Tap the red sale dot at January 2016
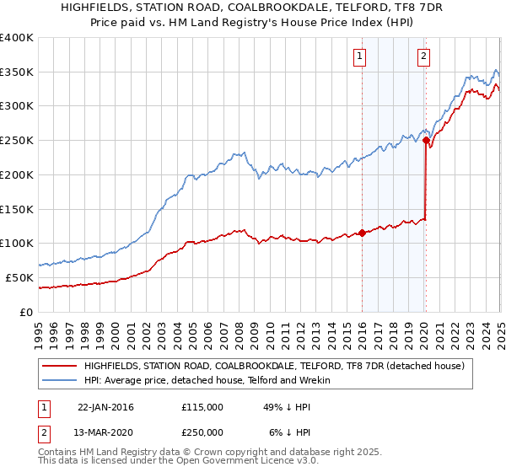(x=362, y=233)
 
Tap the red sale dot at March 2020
(x=426, y=141)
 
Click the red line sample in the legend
(x=58, y=365)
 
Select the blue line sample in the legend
(x=58, y=381)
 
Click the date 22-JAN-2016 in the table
(x=105, y=407)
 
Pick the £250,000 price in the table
(x=202, y=432)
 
